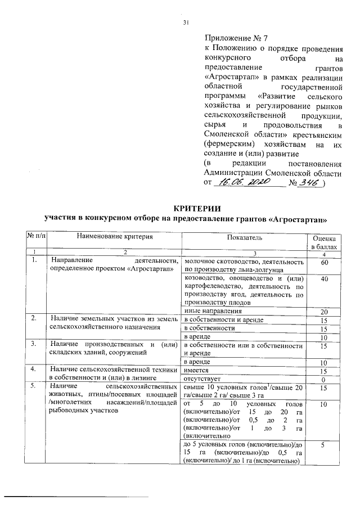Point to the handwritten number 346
311,183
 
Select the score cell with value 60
324,263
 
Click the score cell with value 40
324,279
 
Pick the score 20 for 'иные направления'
324,312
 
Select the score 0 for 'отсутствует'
324,380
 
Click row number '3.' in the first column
35,344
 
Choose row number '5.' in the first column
35,388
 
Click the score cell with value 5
324,444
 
